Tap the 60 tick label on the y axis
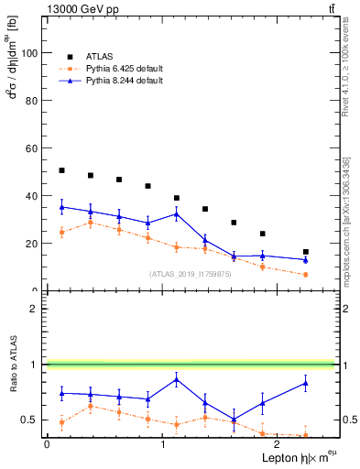[x=31, y=148]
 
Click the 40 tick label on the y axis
[x=31, y=196]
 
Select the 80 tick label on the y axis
[x=31, y=101]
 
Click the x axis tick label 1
[x=162, y=444]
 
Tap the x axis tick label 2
[x=278, y=444]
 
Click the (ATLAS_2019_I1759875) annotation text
[x=191, y=273]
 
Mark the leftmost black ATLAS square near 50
[x=61, y=170]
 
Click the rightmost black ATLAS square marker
[x=305, y=252]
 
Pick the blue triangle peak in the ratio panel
[x=176, y=379]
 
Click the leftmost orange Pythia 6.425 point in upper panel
[x=61, y=232]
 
